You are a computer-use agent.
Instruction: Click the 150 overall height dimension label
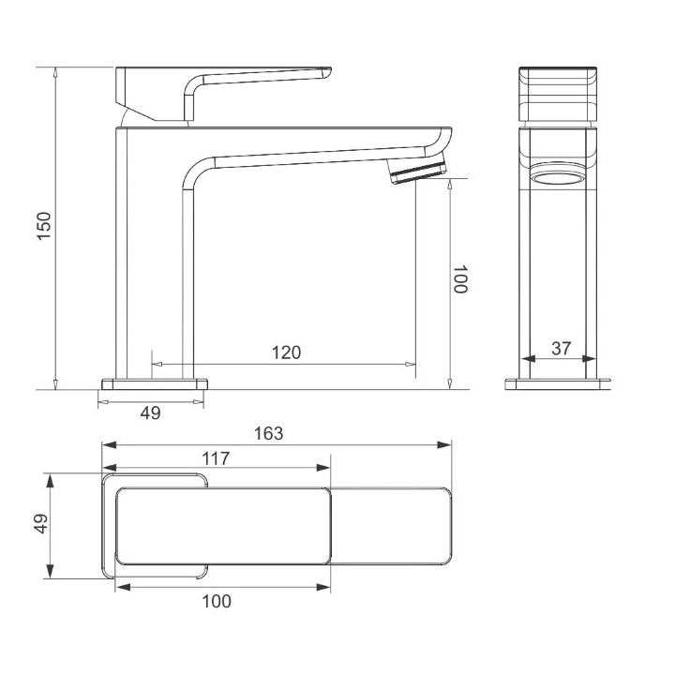(x=44, y=226)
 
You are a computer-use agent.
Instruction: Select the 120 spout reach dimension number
(x=286, y=352)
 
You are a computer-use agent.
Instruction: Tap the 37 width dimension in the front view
(x=561, y=348)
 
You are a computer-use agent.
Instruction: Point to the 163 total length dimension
(x=269, y=433)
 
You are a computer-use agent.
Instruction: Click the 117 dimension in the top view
(x=217, y=458)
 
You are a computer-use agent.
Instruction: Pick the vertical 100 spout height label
(x=461, y=279)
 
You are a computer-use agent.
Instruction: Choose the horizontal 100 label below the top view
(x=217, y=601)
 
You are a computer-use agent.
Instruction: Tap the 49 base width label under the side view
(x=151, y=412)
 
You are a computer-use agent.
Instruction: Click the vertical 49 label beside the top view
(x=41, y=523)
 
